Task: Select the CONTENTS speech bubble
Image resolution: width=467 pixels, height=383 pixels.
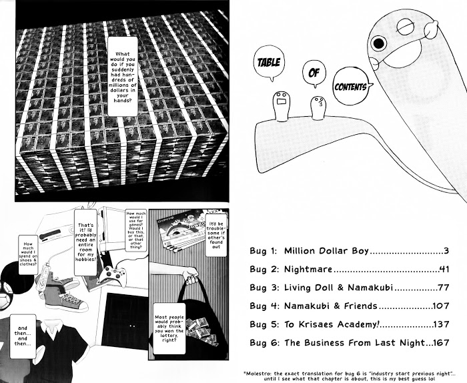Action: (x=352, y=87)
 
